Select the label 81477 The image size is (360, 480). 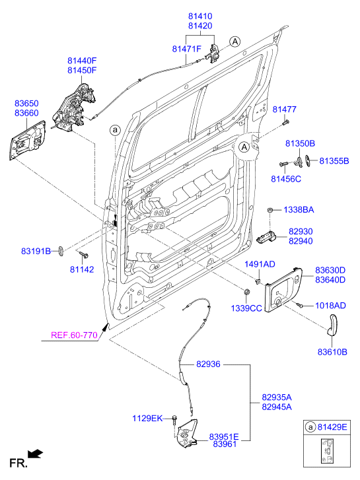pos(285,109)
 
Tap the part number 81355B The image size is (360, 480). pos(334,160)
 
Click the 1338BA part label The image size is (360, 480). pos(299,210)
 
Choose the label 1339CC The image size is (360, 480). pos(246,308)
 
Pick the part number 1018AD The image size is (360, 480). pos(330,306)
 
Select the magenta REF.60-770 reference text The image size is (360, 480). pos(74,335)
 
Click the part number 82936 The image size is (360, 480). pos(208,364)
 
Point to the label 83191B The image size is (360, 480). pos(36,251)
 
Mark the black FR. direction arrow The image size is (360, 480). pos(36,454)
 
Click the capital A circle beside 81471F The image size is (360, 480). pos(234,42)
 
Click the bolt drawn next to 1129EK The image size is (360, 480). pos(173,419)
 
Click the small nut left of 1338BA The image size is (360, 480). pos(271,210)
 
